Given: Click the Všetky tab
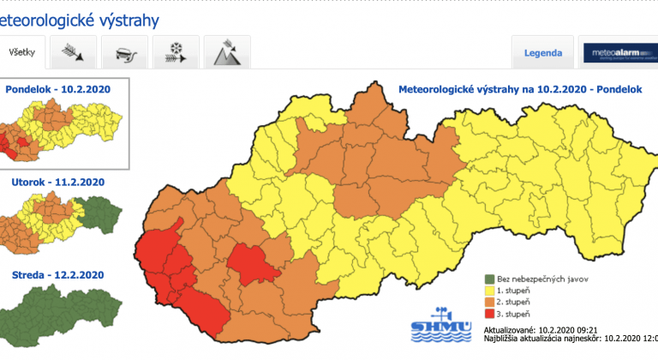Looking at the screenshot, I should (x=22, y=53).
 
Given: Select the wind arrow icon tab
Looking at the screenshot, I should (x=73, y=54).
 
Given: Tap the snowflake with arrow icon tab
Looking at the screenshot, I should (x=176, y=54).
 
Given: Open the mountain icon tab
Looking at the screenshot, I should (x=226, y=54).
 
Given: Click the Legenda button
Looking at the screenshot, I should (x=542, y=53).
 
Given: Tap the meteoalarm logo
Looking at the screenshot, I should (x=617, y=53).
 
